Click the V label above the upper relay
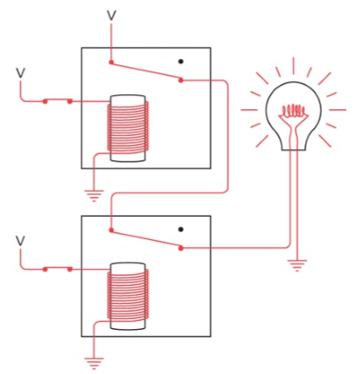(x=112, y=16)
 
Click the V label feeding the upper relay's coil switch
(x=20, y=72)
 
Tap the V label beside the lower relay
(x=20, y=241)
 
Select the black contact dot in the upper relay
(x=181, y=62)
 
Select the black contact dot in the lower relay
(x=181, y=229)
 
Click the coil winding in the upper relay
(x=127, y=127)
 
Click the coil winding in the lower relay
(x=127, y=295)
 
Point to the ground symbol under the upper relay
(x=94, y=196)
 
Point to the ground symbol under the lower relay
(x=94, y=363)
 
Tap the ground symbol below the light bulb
(x=297, y=265)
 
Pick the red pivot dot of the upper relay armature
(x=111, y=62)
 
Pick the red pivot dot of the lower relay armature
(x=111, y=230)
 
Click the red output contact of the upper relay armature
(x=181, y=80)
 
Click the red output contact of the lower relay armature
(x=181, y=248)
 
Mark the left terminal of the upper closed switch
(x=45, y=102)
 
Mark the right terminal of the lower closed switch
(x=70, y=269)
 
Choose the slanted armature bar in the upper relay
(x=146, y=72)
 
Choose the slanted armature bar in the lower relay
(x=146, y=239)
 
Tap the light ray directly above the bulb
(x=293, y=66)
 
